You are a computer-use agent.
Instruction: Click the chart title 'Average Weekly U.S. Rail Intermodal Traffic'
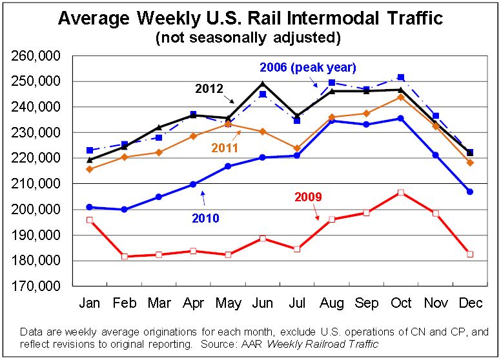(x=251, y=17)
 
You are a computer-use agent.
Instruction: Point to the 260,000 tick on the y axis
(x=36, y=56)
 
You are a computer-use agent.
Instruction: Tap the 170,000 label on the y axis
(x=36, y=286)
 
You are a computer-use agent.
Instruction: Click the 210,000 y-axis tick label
(x=36, y=184)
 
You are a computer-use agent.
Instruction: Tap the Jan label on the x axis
(x=89, y=303)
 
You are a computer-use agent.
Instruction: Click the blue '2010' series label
(x=205, y=218)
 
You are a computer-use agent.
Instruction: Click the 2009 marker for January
(x=89, y=220)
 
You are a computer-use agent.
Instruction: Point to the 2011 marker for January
(x=89, y=169)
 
